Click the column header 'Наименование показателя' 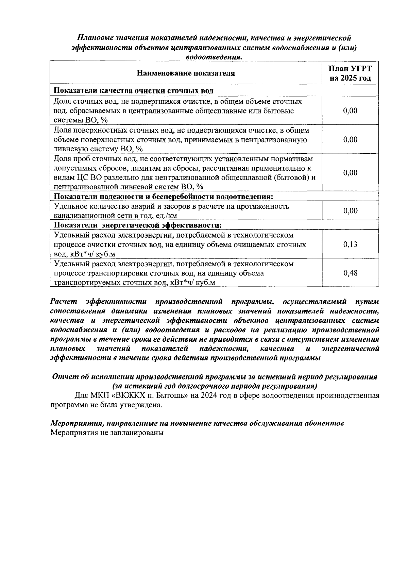click(x=186, y=73)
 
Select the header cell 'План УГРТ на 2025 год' click(x=350, y=73)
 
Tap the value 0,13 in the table click(x=350, y=244)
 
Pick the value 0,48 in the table click(x=350, y=273)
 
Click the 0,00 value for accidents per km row click(x=350, y=211)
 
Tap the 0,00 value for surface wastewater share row click(x=350, y=139)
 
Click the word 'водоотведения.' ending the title click(x=214, y=57)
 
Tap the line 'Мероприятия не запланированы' click(x=107, y=433)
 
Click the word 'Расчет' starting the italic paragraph click(x=64, y=302)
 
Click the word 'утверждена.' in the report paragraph click(x=141, y=405)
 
